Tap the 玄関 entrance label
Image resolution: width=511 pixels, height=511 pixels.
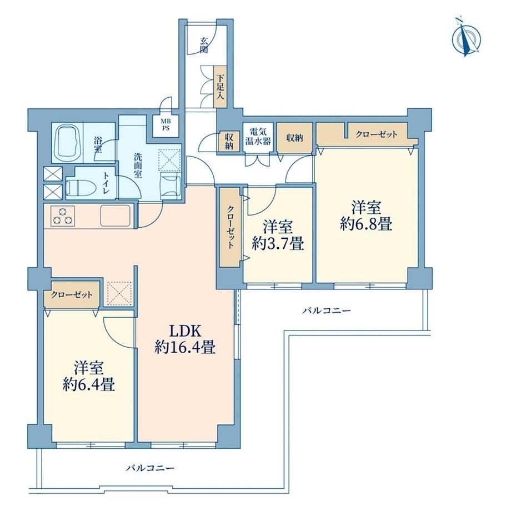pos(204,45)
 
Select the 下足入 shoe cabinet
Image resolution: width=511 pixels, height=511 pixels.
pos(221,87)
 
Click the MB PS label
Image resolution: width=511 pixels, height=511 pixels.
pos(166,124)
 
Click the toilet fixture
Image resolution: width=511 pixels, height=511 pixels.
pos(81,188)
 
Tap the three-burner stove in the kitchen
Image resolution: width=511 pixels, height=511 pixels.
pos(63,216)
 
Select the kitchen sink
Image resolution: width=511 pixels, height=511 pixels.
pos(116,215)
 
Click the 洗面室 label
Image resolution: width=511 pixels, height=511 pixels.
pos(138,165)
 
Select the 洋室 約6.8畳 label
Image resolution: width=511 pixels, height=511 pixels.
pos(365,216)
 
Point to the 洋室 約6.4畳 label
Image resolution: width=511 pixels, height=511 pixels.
pos(89,376)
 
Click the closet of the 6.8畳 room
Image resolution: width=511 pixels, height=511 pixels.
pos(367,134)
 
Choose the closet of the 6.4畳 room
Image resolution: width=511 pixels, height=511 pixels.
pos(72,294)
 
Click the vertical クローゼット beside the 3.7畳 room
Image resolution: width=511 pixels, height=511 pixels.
pos(230,227)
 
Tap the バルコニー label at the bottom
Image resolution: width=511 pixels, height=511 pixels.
pos(150,468)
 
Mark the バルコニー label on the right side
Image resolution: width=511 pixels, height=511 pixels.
pos(327,310)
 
